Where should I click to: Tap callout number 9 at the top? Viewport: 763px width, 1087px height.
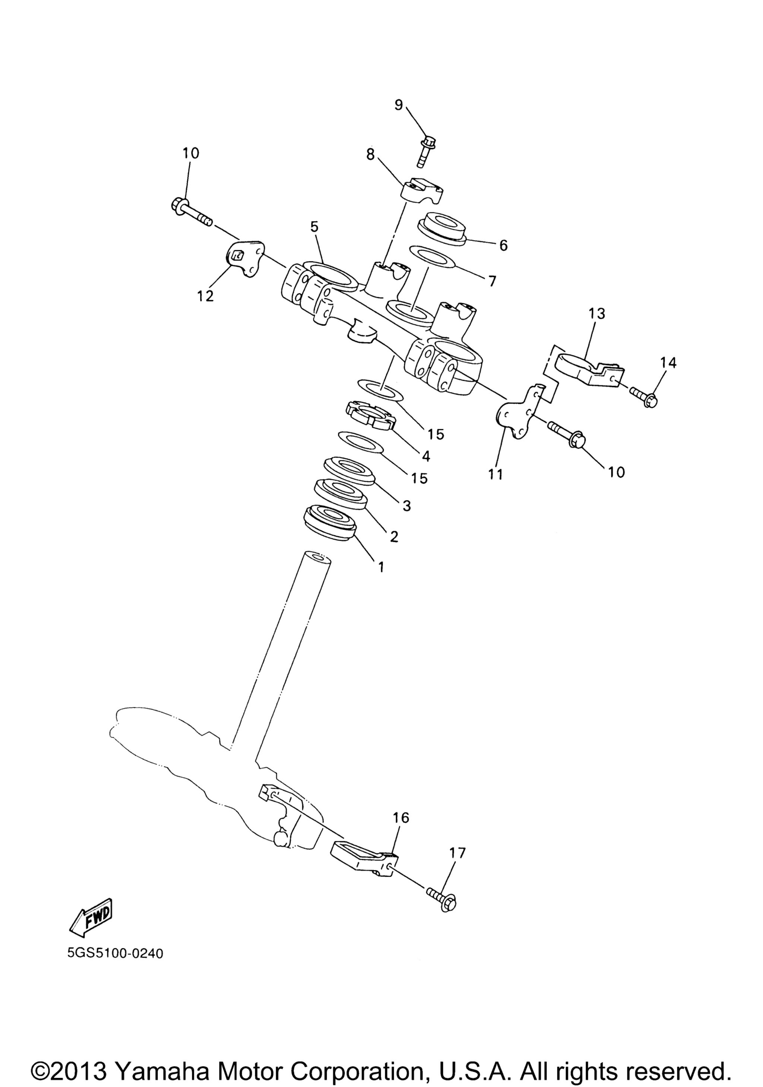(398, 105)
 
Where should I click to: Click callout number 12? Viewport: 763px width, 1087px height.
(206, 296)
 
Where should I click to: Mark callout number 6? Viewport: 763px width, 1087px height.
(503, 245)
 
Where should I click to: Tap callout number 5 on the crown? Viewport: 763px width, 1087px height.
(314, 227)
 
